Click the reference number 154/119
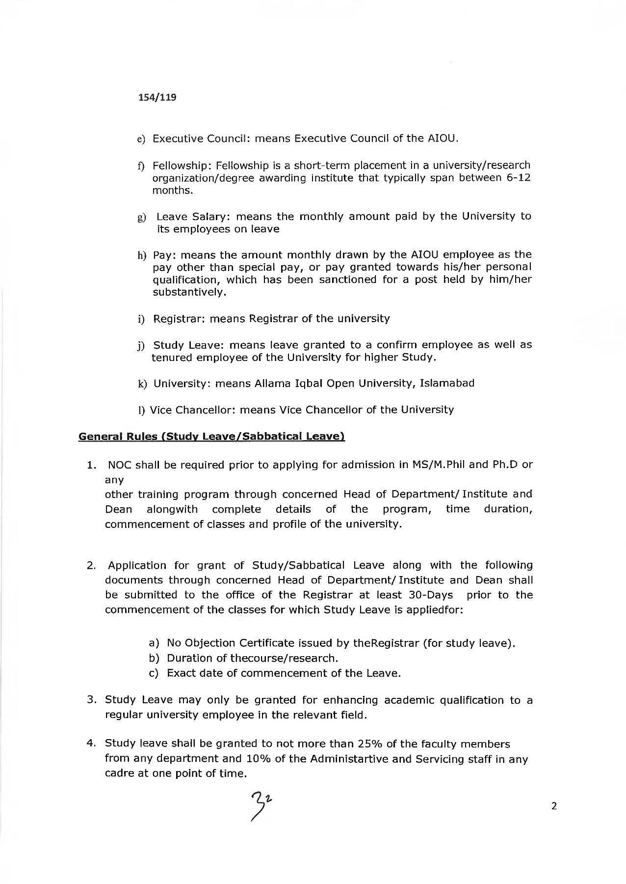[156, 97]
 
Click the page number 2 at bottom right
[554, 806]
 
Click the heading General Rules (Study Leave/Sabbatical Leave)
[211, 436]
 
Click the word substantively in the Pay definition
[189, 293]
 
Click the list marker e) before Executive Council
[141, 139]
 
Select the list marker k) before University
[142, 384]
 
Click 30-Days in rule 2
[431, 595]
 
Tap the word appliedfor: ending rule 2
[436, 610]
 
